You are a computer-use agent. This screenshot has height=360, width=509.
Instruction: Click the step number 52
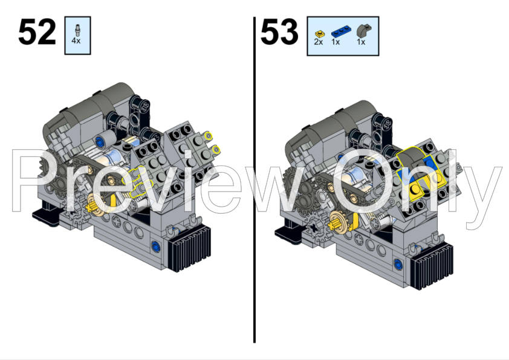[37, 32]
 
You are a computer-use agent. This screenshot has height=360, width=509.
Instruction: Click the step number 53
[279, 32]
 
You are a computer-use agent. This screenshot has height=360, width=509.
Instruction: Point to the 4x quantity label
[76, 41]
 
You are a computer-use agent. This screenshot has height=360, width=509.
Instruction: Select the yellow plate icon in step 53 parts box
[320, 33]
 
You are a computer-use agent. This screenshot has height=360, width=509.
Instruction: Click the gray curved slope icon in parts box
[364, 31]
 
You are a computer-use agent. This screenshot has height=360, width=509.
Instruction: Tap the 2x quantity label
[319, 42]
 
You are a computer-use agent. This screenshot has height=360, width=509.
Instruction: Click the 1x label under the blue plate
[336, 42]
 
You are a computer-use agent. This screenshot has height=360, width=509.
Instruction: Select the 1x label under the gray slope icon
[361, 42]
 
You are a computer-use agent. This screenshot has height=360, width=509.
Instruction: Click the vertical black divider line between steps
[254, 179]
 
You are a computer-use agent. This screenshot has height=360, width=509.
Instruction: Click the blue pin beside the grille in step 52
[156, 245]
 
